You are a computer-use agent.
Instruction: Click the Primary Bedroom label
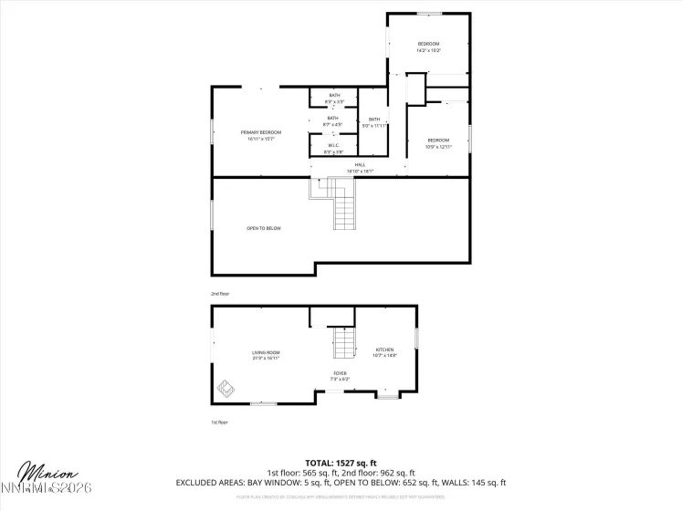[261, 136]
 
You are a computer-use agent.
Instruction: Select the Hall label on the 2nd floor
[360, 167]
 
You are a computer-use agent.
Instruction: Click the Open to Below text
[263, 228]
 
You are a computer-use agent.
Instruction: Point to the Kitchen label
[384, 352]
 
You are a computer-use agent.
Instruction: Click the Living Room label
[266, 355]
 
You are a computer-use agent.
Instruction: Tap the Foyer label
[340, 375]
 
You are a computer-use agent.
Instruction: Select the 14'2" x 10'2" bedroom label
[429, 47]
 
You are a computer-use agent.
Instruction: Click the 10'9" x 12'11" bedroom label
[438, 142]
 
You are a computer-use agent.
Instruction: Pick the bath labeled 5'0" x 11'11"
[374, 122]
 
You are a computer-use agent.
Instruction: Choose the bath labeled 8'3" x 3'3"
[334, 98]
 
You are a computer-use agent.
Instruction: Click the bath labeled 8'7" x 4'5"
[333, 120]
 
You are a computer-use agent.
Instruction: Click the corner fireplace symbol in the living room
[226, 390]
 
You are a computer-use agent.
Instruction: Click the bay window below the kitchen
[387, 397]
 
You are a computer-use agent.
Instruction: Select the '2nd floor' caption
[220, 294]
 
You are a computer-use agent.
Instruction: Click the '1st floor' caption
[220, 422]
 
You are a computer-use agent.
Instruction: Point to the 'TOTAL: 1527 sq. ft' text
[341, 464]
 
